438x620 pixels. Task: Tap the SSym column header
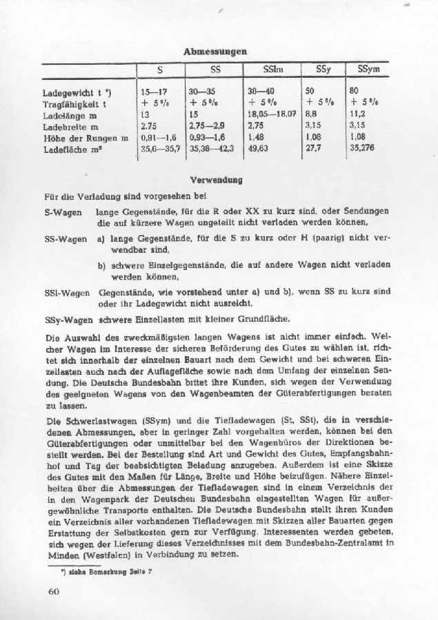368,70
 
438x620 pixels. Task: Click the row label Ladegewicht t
72,91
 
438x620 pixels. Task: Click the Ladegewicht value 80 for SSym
355,91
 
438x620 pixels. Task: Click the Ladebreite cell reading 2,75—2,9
208,126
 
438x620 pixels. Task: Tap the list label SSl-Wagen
66,292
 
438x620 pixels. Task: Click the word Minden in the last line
61,555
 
